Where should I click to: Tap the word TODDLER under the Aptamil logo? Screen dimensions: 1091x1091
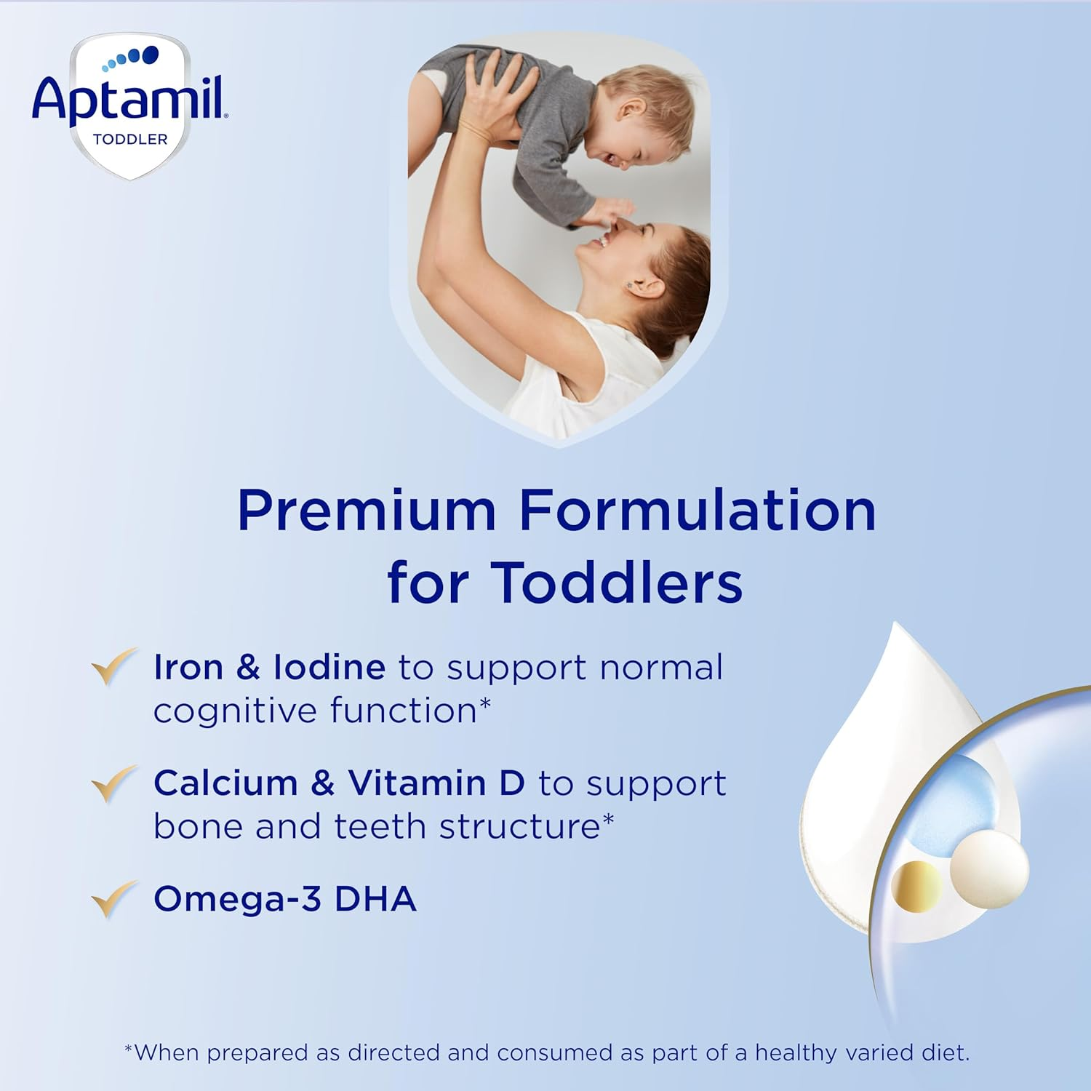pyautogui.click(x=130, y=139)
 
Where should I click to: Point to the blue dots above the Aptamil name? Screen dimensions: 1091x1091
pyautogui.click(x=132, y=57)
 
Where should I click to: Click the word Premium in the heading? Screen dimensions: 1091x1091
pyautogui.click(x=367, y=511)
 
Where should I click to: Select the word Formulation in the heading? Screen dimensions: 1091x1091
pyautogui.click(x=698, y=511)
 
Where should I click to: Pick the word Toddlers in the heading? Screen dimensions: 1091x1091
pyautogui.click(x=617, y=583)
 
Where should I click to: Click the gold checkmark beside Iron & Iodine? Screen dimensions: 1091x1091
pyautogui.click(x=113, y=666)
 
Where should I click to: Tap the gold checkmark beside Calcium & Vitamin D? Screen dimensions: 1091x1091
pyautogui.click(x=113, y=783)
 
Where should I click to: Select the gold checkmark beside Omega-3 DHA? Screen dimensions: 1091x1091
pyautogui.click(x=113, y=899)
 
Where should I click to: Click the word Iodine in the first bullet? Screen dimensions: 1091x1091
pyautogui.click(x=329, y=667)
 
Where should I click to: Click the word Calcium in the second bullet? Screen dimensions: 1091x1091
pyautogui.click(x=225, y=783)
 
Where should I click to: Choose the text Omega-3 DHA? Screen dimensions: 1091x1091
pyautogui.click(x=285, y=899)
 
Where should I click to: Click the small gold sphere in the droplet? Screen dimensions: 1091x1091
pyautogui.click(x=916, y=886)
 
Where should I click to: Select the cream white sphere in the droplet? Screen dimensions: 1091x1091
pyautogui.click(x=989, y=869)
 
